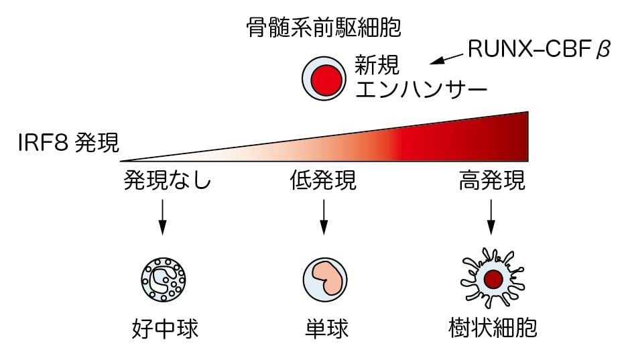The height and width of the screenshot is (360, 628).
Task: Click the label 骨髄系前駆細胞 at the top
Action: tap(324, 28)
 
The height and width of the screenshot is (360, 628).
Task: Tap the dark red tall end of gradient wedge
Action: tap(516, 137)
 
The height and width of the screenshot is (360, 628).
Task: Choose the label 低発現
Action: tap(323, 181)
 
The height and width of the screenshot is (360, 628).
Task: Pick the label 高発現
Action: tap(492, 181)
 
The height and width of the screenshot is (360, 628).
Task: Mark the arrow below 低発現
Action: tap(324, 219)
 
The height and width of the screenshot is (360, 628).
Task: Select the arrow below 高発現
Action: tap(492, 219)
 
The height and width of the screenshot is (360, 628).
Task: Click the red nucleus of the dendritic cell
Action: tap(494, 278)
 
